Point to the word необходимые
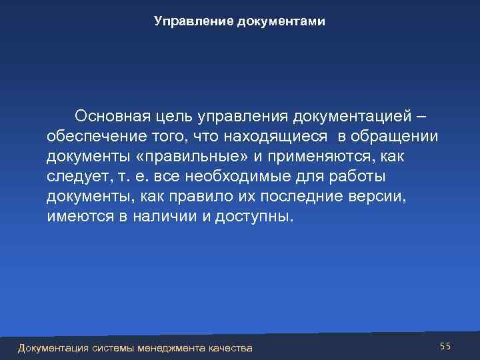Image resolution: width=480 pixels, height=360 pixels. [241, 177]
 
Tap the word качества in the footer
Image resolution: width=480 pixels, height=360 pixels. [231, 348]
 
